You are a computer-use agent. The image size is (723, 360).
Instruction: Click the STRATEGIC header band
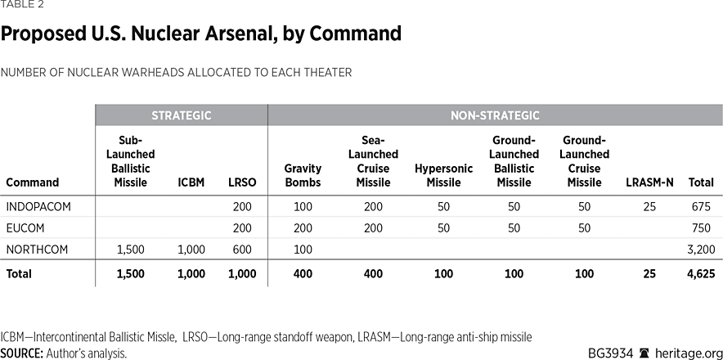coord(181,115)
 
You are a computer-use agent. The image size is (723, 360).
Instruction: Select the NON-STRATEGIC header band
coord(495,115)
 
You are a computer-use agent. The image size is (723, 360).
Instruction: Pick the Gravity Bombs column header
coord(303,175)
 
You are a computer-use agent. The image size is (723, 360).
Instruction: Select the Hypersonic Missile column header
coord(443,175)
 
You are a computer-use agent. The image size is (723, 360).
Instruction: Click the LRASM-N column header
coord(649,182)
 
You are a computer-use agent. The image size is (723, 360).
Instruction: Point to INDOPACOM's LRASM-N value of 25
coord(649,206)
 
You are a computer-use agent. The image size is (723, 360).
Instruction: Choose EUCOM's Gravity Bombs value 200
coord(303,228)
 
